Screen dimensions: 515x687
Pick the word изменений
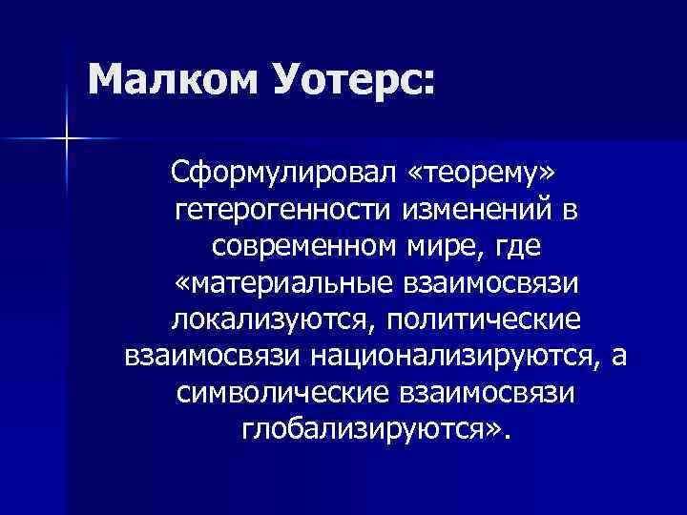[468, 209]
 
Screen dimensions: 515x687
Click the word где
[517, 246]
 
